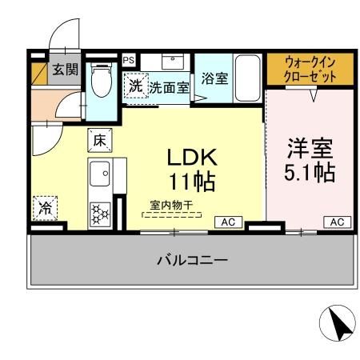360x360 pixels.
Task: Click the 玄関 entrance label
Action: [x=66, y=70]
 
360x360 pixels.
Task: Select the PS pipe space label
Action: [x=128, y=59]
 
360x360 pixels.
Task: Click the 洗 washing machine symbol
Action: [x=135, y=85]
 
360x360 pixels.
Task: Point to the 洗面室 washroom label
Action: [x=170, y=87]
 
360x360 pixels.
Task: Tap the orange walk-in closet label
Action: [x=310, y=69]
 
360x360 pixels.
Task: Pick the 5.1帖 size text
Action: [x=310, y=172]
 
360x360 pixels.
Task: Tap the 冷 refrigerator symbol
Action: [x=45, y=207]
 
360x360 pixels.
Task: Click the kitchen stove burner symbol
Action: [x=101, y=214]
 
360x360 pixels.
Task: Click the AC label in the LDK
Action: [x=227, y=222]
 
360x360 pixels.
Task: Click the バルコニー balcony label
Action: [x=192, y=260]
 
